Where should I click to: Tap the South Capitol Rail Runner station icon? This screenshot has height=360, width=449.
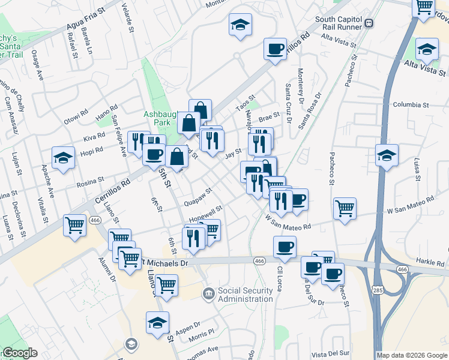tap(369, 23)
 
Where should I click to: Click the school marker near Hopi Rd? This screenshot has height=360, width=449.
tap(63, 158)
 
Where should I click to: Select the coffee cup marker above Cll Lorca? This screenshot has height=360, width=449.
tap(285, 246)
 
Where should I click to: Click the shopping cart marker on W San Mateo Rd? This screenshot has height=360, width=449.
tap(345, 209)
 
